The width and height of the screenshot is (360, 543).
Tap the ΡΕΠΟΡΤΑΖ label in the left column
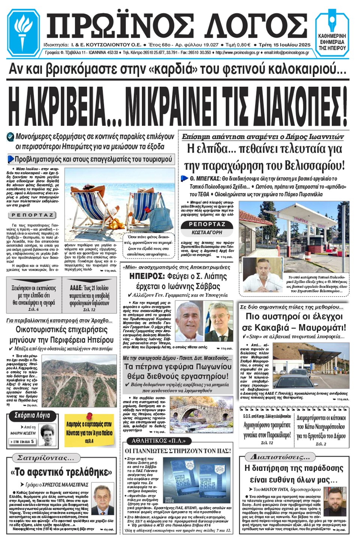(x=32, y=215)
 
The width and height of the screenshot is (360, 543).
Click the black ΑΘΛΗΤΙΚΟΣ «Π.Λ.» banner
(x=159, y=441)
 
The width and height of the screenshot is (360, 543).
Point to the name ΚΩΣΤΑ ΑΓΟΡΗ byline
(x=207, y=232)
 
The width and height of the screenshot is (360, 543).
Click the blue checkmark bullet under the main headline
(x=10, y=137)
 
